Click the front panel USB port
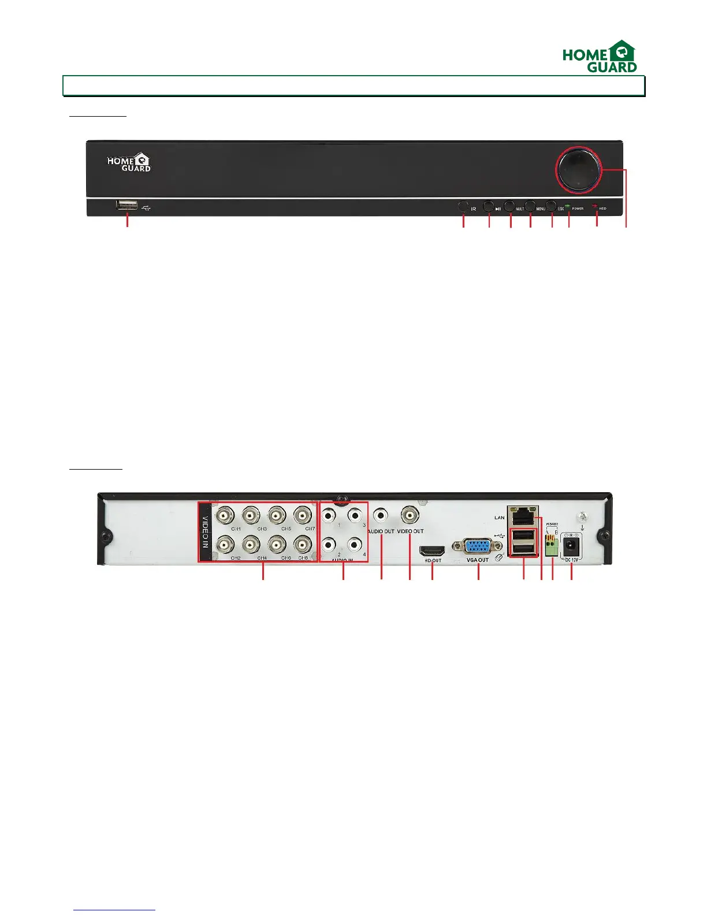click(x=127, y=205)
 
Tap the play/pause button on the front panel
click(x=489, y=206)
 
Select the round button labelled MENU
click(x=530, y=206)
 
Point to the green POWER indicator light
click(x=568, y=206)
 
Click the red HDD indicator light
click(x=595, y=206)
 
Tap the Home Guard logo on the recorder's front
click(x=129, y=162)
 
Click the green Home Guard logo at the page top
click(x=600, y=57)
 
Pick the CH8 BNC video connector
click(x=303, y=544)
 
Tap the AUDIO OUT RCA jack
click(x=381, y=514)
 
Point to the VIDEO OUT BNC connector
click(x=410, y=514)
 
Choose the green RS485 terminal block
click(x=552, y=546)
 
